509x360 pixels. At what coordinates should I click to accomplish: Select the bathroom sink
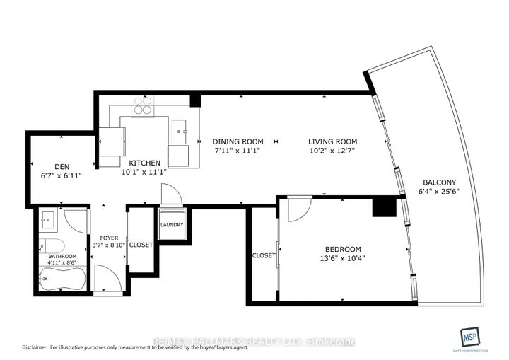point(49,220)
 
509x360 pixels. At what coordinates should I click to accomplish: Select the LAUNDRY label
point(172,225)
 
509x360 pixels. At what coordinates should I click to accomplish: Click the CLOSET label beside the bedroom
point(264,255)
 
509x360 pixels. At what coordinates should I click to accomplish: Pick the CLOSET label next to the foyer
point(141,245)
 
